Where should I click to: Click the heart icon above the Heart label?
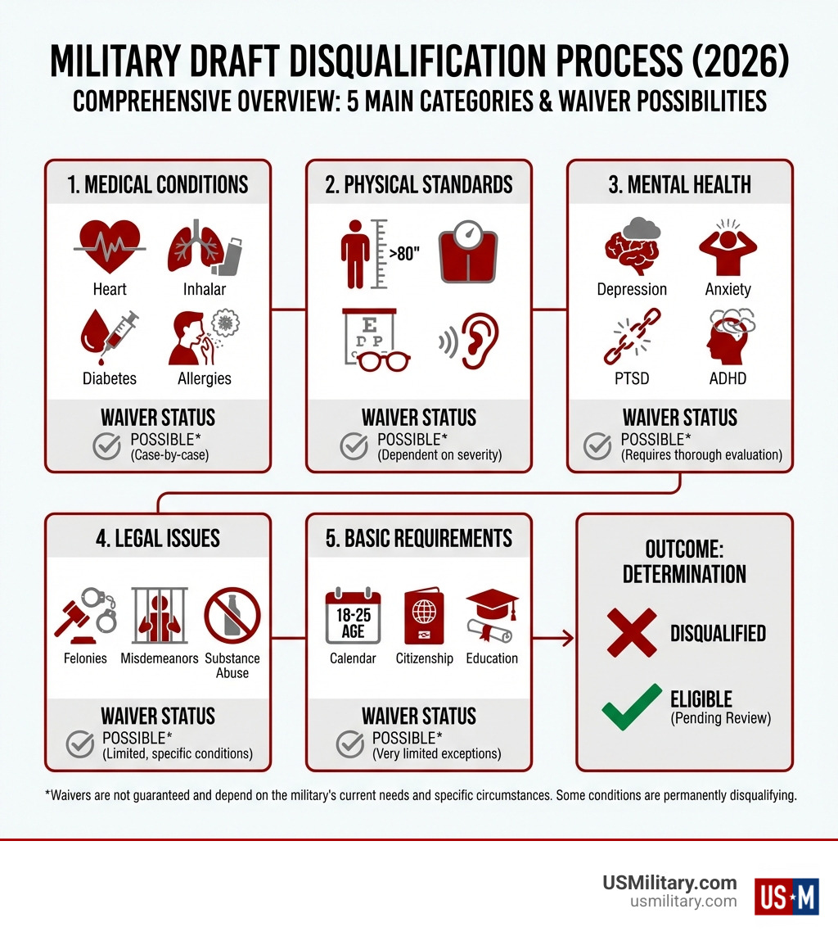110,244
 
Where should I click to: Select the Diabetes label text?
110,378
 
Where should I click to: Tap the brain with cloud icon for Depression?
632,245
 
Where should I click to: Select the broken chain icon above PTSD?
632,336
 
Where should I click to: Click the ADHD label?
728,378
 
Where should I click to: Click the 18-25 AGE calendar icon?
353,616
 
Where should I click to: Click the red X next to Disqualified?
632,632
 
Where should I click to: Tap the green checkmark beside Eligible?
632,706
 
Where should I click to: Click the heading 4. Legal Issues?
157,538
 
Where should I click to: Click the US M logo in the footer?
786,895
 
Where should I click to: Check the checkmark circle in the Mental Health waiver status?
597,446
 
